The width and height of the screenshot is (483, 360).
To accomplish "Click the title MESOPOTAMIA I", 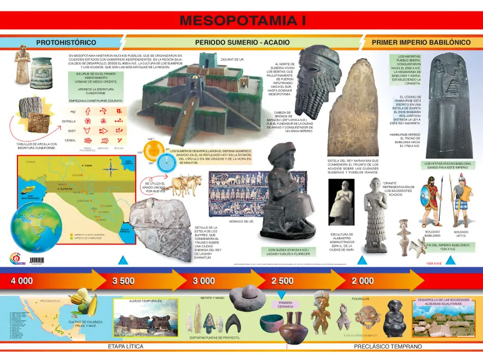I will (x=242, y=21).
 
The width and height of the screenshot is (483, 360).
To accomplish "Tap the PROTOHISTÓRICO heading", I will (x=66, y=42).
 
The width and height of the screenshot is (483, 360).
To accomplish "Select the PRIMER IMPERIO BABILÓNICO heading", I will (x=420, y=42).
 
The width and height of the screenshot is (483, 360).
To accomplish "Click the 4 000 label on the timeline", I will (x=22, y=281).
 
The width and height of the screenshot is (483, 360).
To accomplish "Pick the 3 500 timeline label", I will (x=123, y=281).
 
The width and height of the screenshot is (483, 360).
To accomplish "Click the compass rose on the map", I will (x=111, y=169).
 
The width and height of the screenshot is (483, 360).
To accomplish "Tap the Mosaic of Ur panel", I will (x=238, y=194).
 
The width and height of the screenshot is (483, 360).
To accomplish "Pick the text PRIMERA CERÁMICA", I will (x=286, y=304).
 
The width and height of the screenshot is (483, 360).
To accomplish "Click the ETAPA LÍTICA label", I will (x=125, y=346).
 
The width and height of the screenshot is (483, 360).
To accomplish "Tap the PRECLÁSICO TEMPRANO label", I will (x=388, y=346).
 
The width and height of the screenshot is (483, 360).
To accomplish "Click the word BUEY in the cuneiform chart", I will (x=72, y=131).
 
